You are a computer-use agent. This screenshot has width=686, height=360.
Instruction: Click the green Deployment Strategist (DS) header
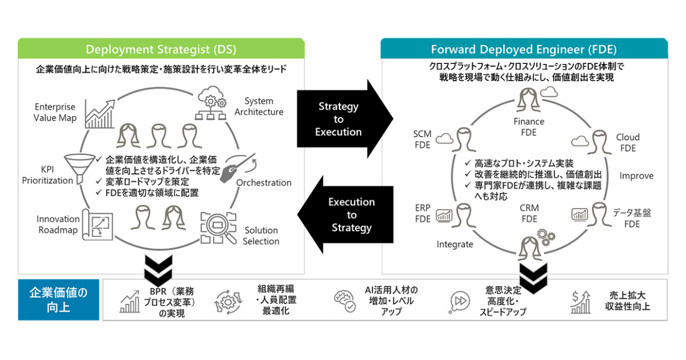tap(161, 48)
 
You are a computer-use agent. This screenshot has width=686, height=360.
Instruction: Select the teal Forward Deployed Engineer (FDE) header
tap(524, 48)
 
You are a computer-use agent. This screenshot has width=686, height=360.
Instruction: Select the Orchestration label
tap(264, 183)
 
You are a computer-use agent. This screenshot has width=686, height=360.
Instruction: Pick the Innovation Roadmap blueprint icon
tap(98, 225)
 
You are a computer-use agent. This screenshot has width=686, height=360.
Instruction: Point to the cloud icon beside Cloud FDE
tap(580, 141)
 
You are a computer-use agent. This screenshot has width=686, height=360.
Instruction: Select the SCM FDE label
tap(422, 139)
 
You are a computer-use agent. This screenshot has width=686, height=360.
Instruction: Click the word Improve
tap(636, 176)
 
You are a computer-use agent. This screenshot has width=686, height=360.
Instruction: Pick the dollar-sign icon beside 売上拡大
tap(580, 301)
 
